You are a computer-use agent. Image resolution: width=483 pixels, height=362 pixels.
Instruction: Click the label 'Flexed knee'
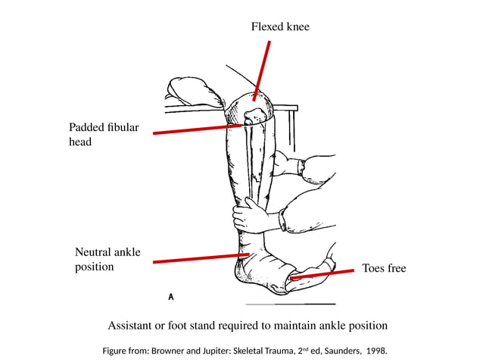click(x=280, y=27)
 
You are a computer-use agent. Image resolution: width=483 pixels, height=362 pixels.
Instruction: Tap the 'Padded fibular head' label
click(x=104, y=134)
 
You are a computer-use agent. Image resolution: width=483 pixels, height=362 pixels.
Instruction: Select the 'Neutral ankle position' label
click(x=108, y=259)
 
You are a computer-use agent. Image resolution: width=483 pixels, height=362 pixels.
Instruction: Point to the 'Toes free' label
click(x=384, y=268)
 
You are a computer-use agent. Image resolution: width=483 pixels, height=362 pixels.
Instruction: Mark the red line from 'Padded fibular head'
click(x=197, y=130)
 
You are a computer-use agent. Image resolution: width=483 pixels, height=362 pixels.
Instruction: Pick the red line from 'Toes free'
click(x=322, y=273)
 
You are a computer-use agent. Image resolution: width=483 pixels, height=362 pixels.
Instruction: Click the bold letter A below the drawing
click(x=171, y=297)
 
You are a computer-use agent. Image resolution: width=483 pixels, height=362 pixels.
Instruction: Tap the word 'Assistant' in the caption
click(x=134, y=326)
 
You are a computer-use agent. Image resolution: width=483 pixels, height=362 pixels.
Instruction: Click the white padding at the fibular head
click(x=254, y=116)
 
